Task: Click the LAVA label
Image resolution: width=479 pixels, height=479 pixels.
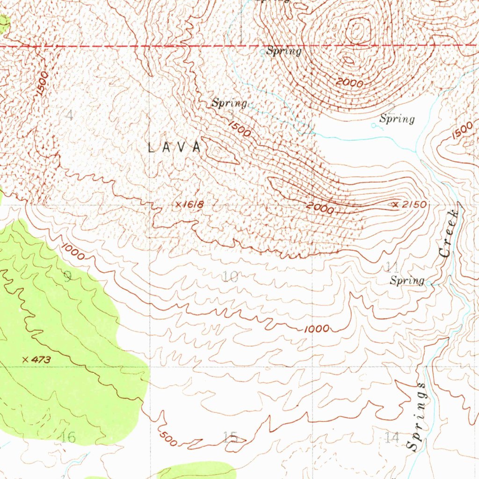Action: pyautogui.click(x=174, y=147)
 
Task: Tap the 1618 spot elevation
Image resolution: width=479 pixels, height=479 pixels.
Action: pyautogui.click(x=189, y=204)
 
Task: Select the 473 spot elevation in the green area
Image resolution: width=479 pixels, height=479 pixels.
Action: pyautogui.click(x=37, y=359)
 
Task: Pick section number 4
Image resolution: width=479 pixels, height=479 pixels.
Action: pyautogui.click(x=69, y=115)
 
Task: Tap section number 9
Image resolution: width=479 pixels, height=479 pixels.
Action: pyautogui.click(x=67, y=276)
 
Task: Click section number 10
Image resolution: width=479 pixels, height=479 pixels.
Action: pyautogui.click(x=230, y=277)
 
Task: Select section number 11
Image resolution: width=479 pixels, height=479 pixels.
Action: pyautogui.click(x=392, y=267)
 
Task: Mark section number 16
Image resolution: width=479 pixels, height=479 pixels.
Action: pyautogui.click(x=68, y=437)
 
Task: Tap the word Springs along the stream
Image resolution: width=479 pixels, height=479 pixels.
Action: pyautogui.click(x=416, y=416)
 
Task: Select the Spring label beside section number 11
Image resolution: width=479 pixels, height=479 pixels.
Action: pyautogui.click(x=407, y=281)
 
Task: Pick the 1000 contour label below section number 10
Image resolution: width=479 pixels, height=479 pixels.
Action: pyautogui.click(x=317, y=329)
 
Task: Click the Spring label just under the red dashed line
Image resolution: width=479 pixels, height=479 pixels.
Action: pyautogui.click(x=283, y=51)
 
